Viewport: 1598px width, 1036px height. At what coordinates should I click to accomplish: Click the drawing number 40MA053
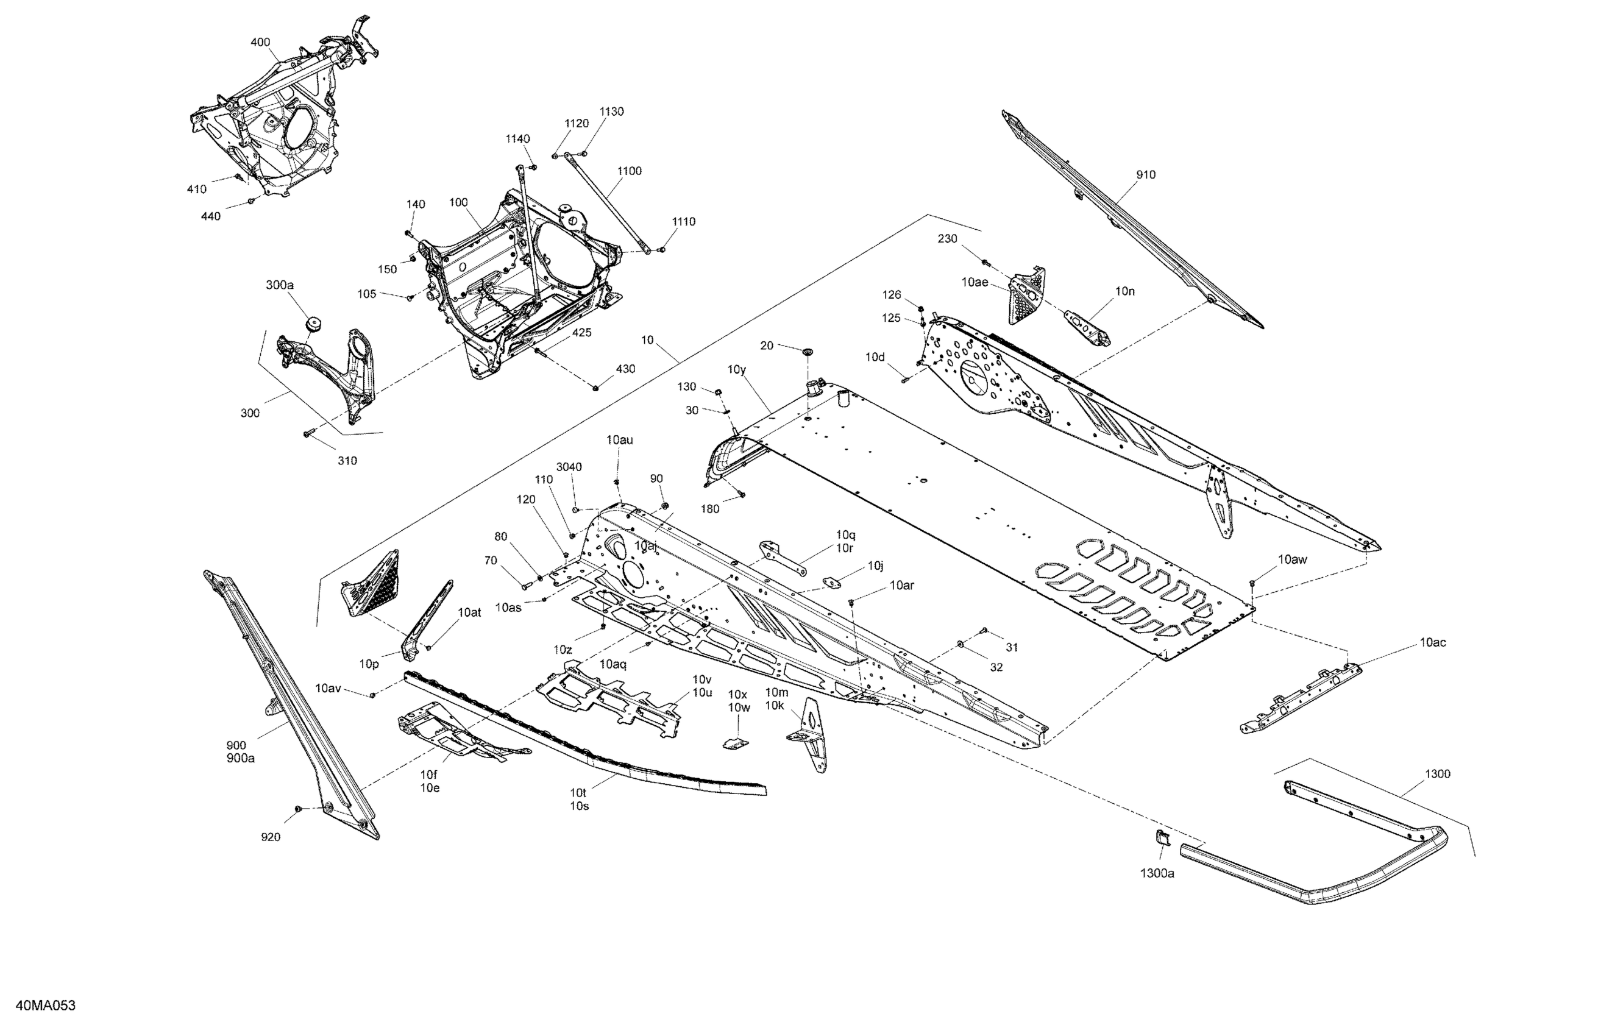(45, 1005)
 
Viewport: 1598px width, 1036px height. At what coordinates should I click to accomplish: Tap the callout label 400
(260, 42)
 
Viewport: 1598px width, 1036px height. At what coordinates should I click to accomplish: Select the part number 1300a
(1157, 873)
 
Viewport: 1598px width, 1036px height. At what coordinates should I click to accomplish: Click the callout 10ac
(1432, 642)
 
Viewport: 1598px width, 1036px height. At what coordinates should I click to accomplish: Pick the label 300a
(279, 285)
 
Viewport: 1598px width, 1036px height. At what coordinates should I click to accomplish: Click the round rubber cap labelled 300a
(312, 324)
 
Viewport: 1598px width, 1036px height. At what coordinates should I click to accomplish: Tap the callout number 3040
(569, 467)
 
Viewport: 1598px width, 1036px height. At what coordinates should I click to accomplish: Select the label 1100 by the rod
(629, 171)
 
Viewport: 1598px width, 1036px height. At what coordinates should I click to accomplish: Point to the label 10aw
(1292, 559)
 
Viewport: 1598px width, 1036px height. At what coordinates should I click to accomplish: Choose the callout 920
(270, 837)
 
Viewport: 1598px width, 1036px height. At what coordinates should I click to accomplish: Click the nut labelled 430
(595, 387)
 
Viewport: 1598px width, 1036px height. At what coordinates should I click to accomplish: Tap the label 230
(947, 238)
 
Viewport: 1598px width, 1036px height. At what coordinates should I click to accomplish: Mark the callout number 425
(581, 332)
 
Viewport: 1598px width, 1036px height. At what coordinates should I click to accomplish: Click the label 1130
(611, 112)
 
